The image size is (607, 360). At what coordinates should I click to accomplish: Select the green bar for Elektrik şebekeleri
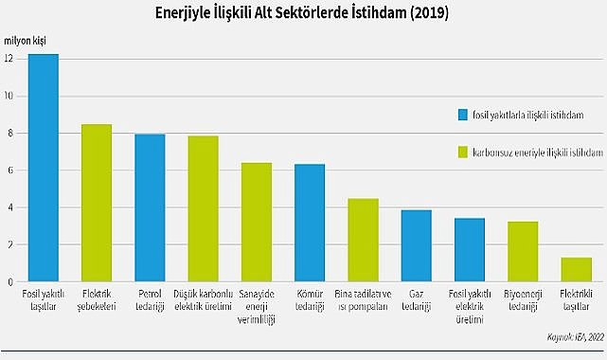click(x=97, y=203)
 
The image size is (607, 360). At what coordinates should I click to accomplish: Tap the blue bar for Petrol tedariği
click(x=150, y=207)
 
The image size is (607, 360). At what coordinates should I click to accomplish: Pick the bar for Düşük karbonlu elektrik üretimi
click(x=203, y=208)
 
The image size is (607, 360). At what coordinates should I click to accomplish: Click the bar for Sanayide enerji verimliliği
click(x=257, y=222)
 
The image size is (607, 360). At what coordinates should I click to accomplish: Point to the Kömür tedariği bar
click(x=310, y=223)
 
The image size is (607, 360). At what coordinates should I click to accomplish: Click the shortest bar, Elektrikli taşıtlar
click(x=576, y=269)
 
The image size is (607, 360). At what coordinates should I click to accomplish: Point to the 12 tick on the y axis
click(x=9, y=59)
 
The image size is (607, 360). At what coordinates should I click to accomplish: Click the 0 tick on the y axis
click(x=9, y=281)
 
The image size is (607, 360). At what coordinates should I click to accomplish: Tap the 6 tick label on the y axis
click(x=9, y=171)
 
